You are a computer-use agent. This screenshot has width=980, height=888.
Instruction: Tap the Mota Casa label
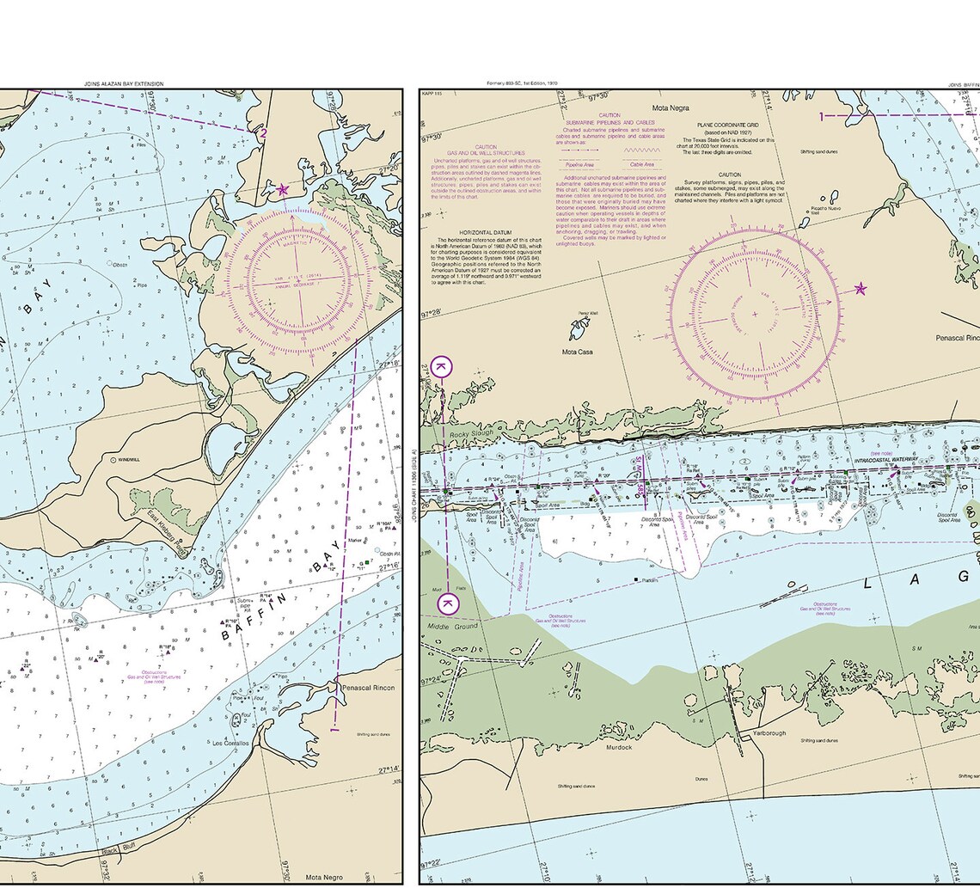(x=578, y=352)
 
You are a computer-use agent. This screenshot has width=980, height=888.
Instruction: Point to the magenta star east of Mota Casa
(x=861, y=289)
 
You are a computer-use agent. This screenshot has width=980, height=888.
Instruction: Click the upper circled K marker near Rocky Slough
(x=441, y=367)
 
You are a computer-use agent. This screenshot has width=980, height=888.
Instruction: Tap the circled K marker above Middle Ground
(x=448, y=603)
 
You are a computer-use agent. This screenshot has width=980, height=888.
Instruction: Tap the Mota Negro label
(x=324, y=877)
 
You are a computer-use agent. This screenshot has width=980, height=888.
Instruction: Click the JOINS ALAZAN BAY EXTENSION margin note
(x=124, y=83)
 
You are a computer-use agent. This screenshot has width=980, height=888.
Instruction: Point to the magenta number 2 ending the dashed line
(x=264, y=133)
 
